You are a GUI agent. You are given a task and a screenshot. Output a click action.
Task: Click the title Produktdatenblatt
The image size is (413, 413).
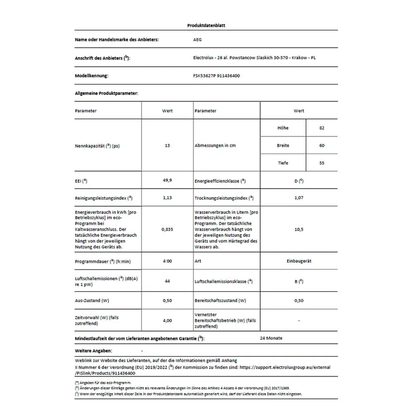pyautogui.click(x=206, y=25)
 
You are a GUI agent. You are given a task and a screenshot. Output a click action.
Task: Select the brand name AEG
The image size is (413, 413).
pyautogui.click(x=198, y=40)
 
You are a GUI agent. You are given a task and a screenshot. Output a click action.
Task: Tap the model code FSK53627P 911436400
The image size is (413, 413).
pyautogui.click(x=217, y=75)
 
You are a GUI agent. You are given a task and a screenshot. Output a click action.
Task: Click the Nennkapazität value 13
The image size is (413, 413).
pyautogui.click(x=167, y=146)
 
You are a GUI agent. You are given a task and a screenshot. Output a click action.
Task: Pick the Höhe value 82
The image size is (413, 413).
pyautogui.click(x=321, y=128)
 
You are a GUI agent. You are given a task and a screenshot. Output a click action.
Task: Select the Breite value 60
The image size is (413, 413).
pyautogui.click(x=321, y=146)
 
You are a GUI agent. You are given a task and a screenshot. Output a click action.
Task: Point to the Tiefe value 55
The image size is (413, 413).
pyautogui.click(x=321, y=163)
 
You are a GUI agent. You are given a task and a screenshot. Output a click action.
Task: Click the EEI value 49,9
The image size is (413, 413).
pyautogui.click(x=167, y=181)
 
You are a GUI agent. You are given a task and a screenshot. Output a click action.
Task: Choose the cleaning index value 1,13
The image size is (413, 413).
pyautogui.click(x=167, y=198)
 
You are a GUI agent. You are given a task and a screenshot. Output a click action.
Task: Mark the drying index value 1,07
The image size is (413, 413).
pyautogui.click(x=299, y=198)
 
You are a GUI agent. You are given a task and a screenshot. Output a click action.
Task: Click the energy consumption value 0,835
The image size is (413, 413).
pyautogui.click(x=167, y=229)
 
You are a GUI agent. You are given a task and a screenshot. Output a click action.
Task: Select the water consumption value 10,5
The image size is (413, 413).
pyautogui.click(x=299, y=229)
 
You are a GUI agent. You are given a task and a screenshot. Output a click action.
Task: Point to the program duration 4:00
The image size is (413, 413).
pyautogui.click(x=167, y=261)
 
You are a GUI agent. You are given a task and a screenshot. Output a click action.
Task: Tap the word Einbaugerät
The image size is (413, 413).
pyautogui.click(x=299, y=261)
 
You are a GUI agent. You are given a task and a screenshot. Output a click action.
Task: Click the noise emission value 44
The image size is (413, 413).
pyautogui.click(x=167, y=281)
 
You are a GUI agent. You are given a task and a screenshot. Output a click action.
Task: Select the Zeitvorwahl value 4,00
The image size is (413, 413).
pyautogui.click(x=167, y=321)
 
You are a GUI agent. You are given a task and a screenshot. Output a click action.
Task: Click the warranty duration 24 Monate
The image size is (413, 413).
pyautogui.click(x=271, y=338)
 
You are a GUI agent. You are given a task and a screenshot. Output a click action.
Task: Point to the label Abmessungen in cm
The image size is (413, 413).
pyautogui.click(x=215, y=146)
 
